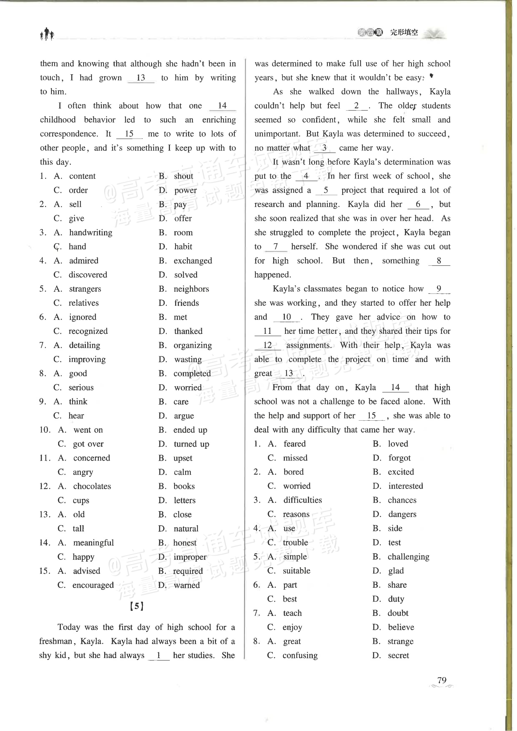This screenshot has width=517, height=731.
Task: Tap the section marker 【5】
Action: tap(137, 606)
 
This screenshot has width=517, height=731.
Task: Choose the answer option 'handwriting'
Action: tap(91, 232)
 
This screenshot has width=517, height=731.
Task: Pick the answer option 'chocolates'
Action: tap(92, 486)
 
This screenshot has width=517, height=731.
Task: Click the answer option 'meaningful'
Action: tap(93, 543)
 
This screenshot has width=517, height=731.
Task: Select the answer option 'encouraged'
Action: tap(93, 585)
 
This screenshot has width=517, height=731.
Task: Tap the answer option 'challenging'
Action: tap(408, 557)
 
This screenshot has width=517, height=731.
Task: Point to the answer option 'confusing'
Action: tap(300, 655)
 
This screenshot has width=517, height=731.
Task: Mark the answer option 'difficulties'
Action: tap(303, 500)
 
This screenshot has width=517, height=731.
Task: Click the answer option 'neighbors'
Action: tap(191, 289)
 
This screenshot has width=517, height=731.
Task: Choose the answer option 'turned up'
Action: tap(191, 444)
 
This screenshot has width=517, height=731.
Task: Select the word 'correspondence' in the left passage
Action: tap(69, 134)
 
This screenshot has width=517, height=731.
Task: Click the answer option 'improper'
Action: tap(190, 557)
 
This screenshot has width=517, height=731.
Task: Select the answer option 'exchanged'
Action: tap(193, 261)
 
